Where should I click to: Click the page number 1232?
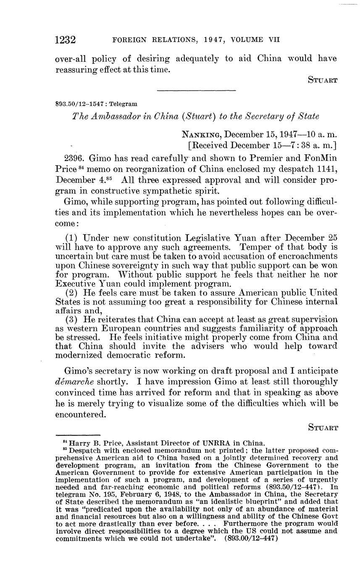(x=65, y=40)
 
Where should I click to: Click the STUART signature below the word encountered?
(x=323, y=427)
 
